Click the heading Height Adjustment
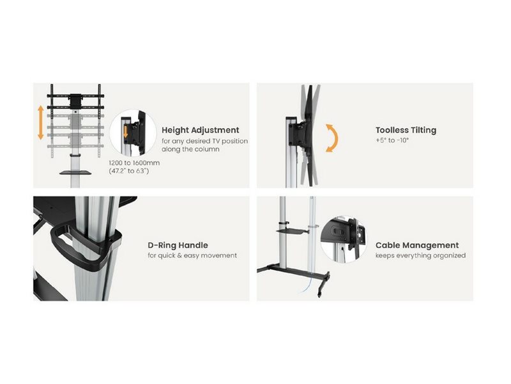(201, 130)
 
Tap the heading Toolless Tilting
(406, 130)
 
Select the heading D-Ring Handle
(178, 245)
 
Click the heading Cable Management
(417, 245)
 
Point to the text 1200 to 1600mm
(133, 163)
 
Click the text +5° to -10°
(393, 140)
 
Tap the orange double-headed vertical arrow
(40, 124)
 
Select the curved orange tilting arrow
(331, 138)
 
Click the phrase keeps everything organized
(420, 255)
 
